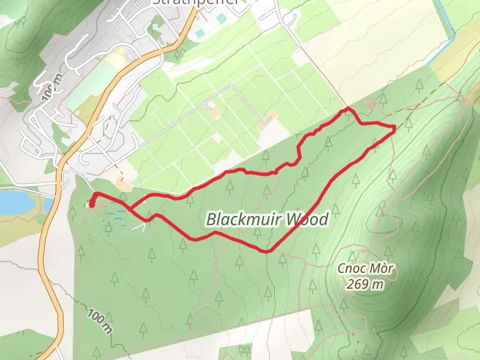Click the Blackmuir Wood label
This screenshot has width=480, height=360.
click(x=267, y=220)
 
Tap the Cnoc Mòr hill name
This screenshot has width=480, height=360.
click(x=365, y=269)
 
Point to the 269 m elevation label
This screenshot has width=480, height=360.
click(x=365, y=284)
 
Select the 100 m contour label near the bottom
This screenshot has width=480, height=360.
click(x=100, y=322)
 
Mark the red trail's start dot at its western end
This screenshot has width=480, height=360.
click(x=92, y=205)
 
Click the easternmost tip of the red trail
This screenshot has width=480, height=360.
click(x=394, y=128)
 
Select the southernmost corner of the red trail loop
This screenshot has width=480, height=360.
click(x=266, y=251)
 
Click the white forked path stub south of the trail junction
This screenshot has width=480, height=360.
click(x=142, y=226)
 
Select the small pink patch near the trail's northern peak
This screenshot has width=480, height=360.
click(x=370, y=106)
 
